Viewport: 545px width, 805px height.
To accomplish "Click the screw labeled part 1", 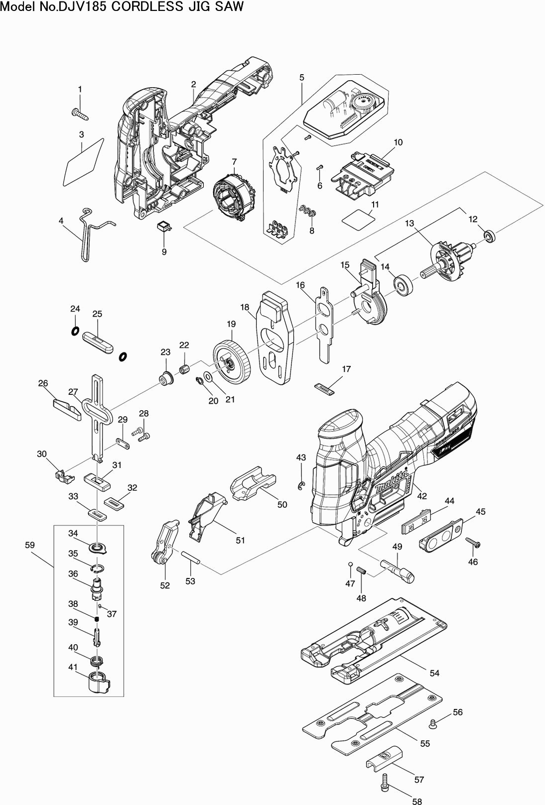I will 81,114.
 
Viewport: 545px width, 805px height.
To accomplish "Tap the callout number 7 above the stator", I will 234,161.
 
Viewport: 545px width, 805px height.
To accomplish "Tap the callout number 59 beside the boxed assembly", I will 30,545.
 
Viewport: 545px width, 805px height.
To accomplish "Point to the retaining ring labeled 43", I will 301,485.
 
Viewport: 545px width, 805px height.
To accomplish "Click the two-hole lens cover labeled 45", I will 442,535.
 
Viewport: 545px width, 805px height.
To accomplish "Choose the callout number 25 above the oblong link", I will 97,314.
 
